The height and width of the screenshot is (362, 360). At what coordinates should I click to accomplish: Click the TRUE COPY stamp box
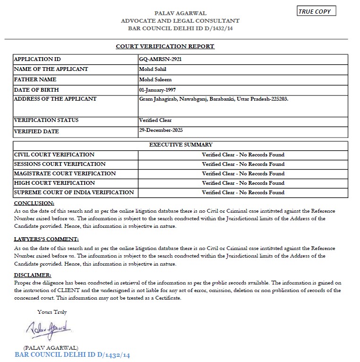[x=317, y=11]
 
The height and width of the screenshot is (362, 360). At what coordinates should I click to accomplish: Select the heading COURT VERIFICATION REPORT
[x=165, y=46]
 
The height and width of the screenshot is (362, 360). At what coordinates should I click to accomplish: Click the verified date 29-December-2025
[x=161, y=130]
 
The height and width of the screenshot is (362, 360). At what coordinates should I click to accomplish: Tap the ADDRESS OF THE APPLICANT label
[x=55, y=99]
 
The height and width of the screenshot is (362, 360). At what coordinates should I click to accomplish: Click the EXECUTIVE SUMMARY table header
[x=180, y=145]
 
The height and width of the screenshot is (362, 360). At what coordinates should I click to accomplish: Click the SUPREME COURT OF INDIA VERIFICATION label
[x=74, y=192]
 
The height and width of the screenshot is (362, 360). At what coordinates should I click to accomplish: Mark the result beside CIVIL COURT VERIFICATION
[x=243, y=155]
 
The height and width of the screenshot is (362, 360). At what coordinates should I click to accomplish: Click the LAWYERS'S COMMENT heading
[x=46, y=239]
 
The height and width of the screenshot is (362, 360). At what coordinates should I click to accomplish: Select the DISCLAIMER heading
[x=33, y=275]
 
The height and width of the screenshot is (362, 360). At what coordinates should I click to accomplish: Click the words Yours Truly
[x=52, y=312]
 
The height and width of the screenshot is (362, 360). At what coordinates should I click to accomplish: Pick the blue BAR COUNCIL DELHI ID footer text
[x=72, y=354]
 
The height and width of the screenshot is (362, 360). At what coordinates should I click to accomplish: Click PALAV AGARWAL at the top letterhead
[x=180, y=13]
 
